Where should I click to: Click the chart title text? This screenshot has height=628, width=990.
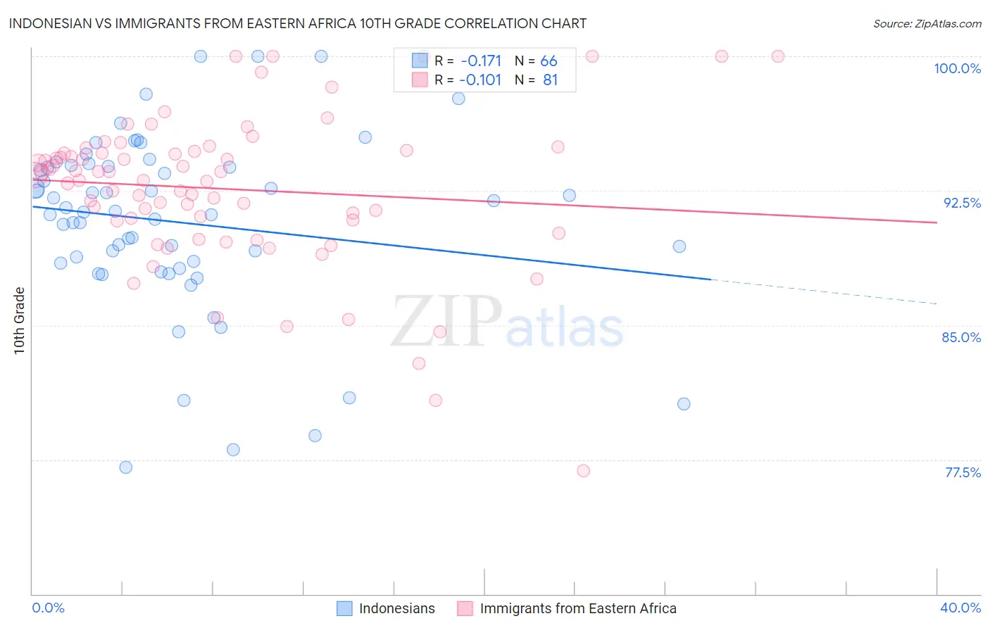click(x=297, y=23)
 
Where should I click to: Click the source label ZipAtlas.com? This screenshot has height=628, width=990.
click(x=927, y=23)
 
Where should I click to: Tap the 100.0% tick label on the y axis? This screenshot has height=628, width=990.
click(x=957, y=68)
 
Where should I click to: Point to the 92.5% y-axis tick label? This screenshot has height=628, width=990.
click(x=962, y=203)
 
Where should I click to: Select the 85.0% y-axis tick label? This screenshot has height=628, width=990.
click(x=961, y=337)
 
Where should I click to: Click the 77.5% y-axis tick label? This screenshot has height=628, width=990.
click(x=963, y=472)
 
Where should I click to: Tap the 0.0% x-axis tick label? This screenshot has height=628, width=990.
click(x=48, y=608)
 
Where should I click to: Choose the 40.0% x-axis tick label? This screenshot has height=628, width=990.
click(x=960, y=608)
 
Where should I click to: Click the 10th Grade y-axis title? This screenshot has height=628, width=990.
click(x=19, y=320)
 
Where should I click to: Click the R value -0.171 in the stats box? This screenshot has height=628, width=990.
click(x=481, y=61)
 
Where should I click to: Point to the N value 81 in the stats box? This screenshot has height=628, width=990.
click(x=550, y=80)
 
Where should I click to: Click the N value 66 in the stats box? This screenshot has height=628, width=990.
click(x=549, y=61)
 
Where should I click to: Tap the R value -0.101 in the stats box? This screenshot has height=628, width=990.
click(x=480, y=80)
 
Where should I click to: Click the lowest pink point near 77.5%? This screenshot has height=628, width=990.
click(x=583, y=471)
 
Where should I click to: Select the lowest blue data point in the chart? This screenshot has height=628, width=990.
click(x=126, y=467)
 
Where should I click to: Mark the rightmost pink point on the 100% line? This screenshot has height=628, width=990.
click(x=778, y=56)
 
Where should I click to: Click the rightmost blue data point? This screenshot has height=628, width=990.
click(x=684, y=404)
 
